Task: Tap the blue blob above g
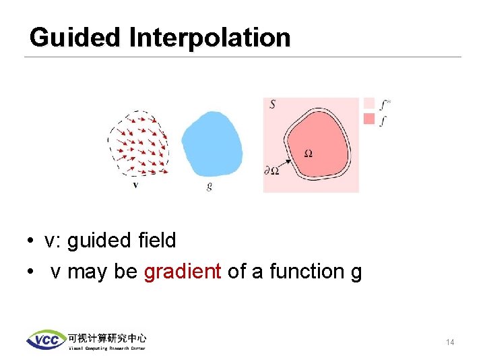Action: click(x=212, y=144)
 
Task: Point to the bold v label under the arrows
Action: click(x=135, y=184)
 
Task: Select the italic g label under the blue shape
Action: click(x=209, y=186)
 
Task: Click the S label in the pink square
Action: click(x=272, y=104)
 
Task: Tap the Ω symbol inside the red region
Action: click(x=308, y=154)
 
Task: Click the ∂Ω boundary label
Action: click(x=272, y=171)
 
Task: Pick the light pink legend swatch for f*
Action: click(x=368, y=103)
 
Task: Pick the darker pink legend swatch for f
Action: click(x=368, y=119)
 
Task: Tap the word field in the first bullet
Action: click(x=156, y=240)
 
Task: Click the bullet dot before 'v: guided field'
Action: click(x=32, y=241)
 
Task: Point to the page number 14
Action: click(x=450, y=342)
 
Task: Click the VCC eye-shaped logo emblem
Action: click(x=46, y=340)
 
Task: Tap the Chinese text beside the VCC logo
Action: click(x=106, y=337)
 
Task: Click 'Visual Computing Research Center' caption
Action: click(x=106, y=348)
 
